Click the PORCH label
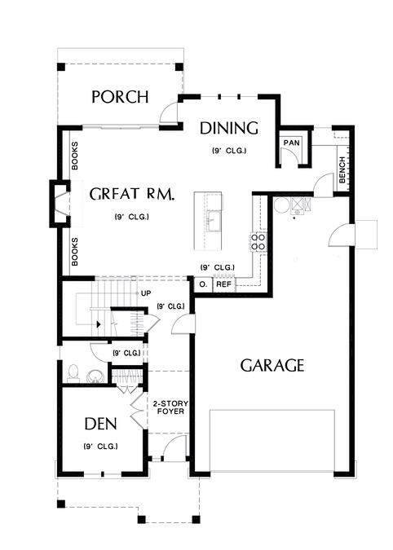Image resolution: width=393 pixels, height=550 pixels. point(121,97)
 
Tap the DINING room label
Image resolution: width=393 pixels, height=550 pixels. point(229,129)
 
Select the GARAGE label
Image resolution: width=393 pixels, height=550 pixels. point(272,366)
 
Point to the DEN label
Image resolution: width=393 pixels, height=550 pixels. point(101,424)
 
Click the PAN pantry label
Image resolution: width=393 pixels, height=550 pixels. point(292,143)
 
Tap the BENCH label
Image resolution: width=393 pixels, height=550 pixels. point(342,169)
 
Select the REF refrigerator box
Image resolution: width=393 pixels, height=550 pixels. point(224,284)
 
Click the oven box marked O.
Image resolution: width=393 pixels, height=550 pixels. point(203,284)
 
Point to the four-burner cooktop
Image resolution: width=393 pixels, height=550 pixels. point(258,242)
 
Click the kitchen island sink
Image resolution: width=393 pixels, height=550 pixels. point(214,221)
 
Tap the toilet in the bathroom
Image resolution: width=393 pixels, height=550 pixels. point(73,373)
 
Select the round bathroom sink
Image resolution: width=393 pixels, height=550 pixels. point(95,376)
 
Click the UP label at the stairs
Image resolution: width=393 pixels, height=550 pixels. point(146,293)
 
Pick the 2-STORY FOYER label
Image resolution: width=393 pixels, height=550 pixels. point(170,407)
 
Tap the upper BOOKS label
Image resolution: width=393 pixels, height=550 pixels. point(75,156)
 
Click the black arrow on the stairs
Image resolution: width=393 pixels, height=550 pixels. point(99,324)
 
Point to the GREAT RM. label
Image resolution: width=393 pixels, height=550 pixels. point(132,194)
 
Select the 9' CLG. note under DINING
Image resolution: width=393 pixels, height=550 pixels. point(229,151)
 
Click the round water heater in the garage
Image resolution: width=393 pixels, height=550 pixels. point(280,205)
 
